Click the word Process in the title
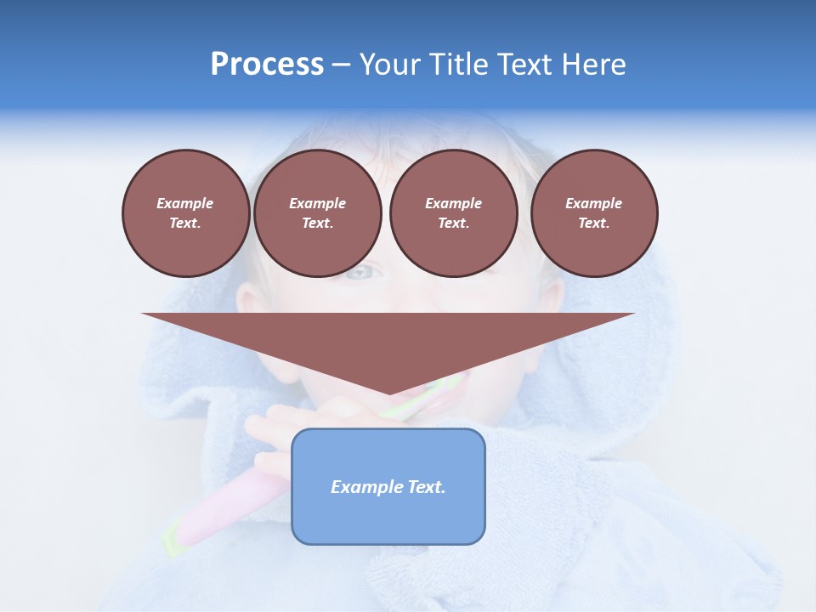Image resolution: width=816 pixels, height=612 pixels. click(267, 65)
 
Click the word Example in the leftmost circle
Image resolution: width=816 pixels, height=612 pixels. click(185, 203)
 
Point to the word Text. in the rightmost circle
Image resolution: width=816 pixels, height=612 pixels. click(594, 223)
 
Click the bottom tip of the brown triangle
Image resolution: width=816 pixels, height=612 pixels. click(389, 392)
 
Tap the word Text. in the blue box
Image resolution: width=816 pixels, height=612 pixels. click(426, 487)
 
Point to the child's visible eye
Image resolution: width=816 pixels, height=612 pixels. click(362, 272)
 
